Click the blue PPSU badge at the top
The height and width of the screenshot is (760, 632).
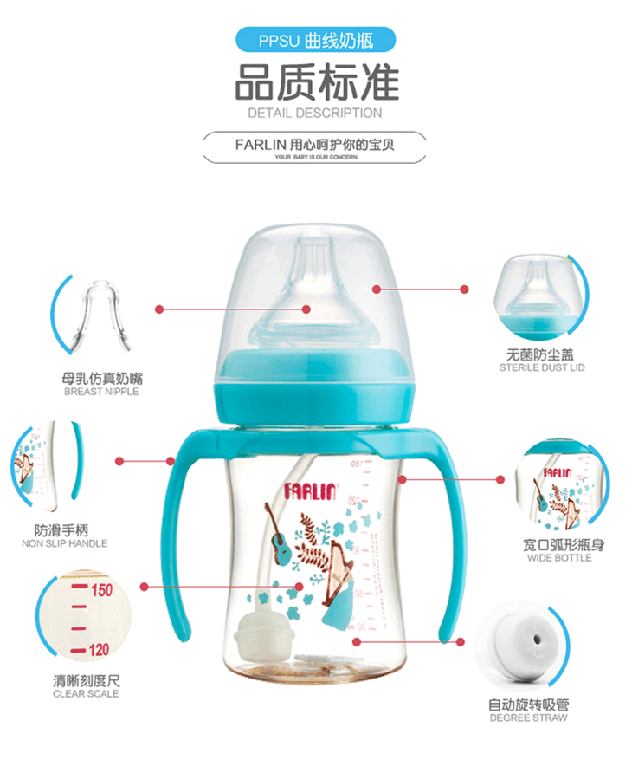tap(316, 40)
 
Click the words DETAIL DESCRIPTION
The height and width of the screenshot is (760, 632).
tap(315, 114)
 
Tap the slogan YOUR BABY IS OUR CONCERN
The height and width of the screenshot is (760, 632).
tap(316, 157)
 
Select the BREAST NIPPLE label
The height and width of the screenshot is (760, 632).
tap(101, 392)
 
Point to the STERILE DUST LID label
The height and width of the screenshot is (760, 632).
tap(542, 368)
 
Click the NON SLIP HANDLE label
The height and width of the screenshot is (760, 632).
tap(64, 544)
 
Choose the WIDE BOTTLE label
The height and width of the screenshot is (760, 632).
tap(559, 558)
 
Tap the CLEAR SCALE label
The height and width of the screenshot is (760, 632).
tap(86, 694)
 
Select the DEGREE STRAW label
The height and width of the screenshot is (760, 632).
tap(528, 718)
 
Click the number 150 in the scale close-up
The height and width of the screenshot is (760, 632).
tap(101, 590)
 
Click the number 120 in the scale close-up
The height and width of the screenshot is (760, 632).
tap(99, 649)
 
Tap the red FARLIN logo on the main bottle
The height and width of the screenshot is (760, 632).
tap(309, 491)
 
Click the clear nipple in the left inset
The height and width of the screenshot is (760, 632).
tap(100, 315)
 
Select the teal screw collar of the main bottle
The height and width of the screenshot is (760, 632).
tap(314, 387)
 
